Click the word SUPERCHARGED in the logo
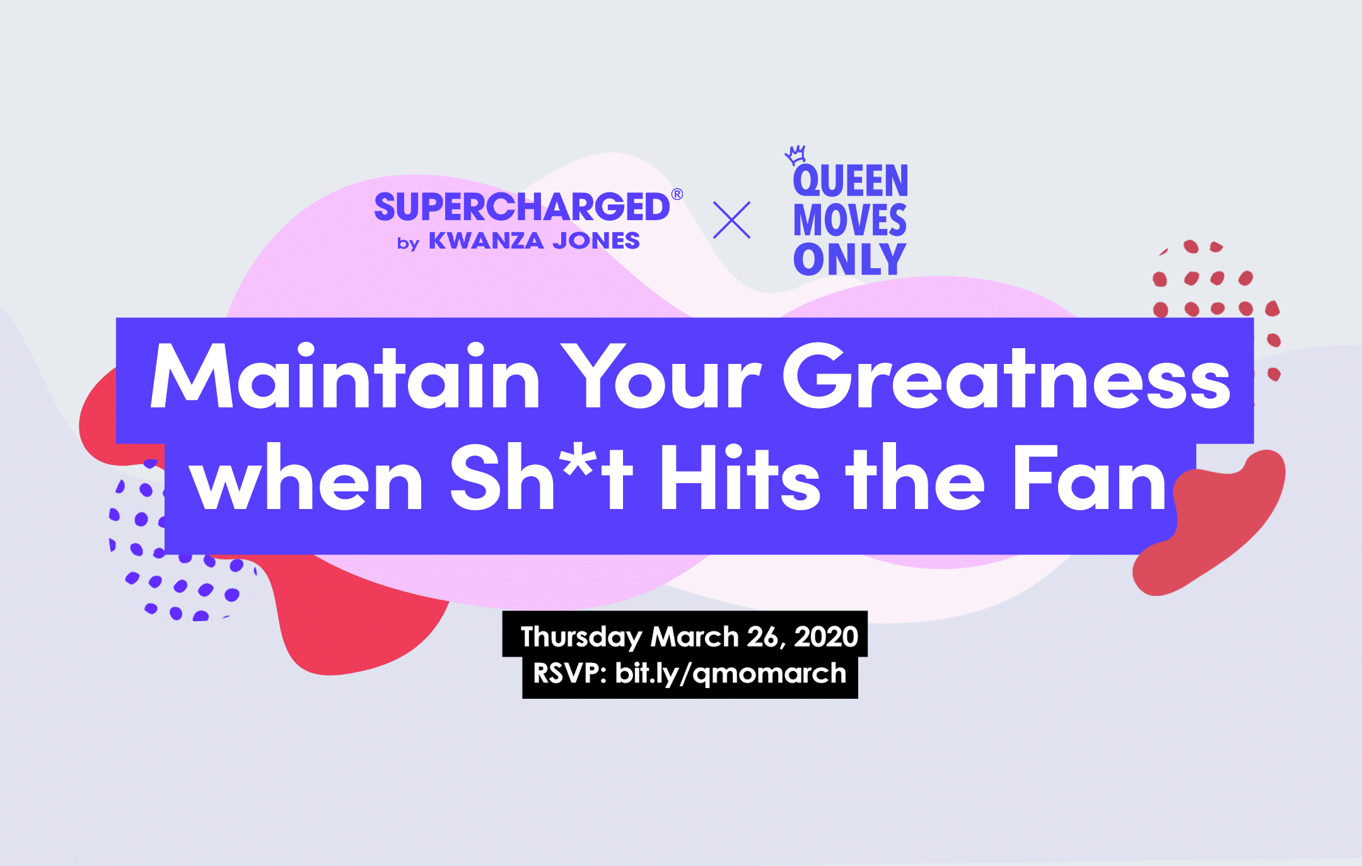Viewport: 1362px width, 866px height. pos(521,207)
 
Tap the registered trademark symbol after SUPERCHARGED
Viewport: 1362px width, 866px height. pos(677,194)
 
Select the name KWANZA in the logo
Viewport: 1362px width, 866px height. pos(486,241)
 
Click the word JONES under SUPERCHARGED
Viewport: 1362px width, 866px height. pos(597,241)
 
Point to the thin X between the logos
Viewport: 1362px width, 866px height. pos(731,219)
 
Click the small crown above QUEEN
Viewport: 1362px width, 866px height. pos(796,155)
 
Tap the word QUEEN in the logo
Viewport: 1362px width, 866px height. pos(851,181)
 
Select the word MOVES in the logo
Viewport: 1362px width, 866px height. pos(850,220)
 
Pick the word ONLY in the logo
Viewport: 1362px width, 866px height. pos(849,259)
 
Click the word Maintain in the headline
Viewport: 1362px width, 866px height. pos(345,377)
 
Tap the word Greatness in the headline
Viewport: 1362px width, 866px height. pos(1006,377)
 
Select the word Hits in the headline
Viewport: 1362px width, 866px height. pos(740,477)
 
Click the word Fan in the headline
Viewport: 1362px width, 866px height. pos(1090,477)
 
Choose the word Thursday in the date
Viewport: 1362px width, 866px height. pos(581,637)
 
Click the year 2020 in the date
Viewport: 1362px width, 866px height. pos(826,636)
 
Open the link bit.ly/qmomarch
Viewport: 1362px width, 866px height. pos(731,674)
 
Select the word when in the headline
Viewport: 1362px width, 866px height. pos(307,477)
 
